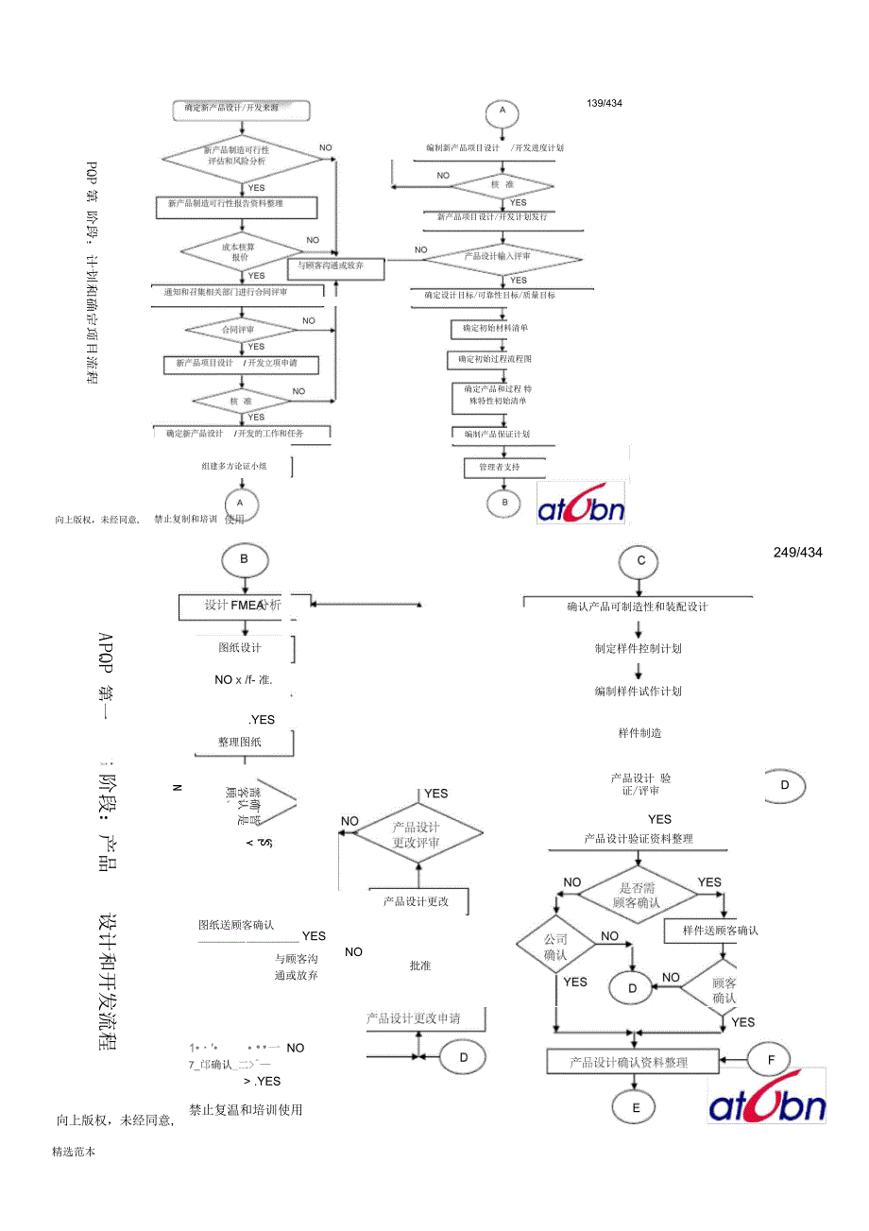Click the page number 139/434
click(605, 103)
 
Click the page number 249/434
click(797, 552)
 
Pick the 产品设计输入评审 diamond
click(503, 256)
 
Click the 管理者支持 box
click(500, 468)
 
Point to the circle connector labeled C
click(641, 561)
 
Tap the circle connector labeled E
click(637, 1107)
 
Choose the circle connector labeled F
click(772, 1060)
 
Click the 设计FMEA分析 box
click(244, 606)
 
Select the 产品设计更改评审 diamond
click(417, 834)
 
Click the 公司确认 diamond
click(556, 947)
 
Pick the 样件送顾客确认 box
click(721, 931)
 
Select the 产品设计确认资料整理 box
click(629, 1062)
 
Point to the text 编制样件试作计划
click(639, 692)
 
